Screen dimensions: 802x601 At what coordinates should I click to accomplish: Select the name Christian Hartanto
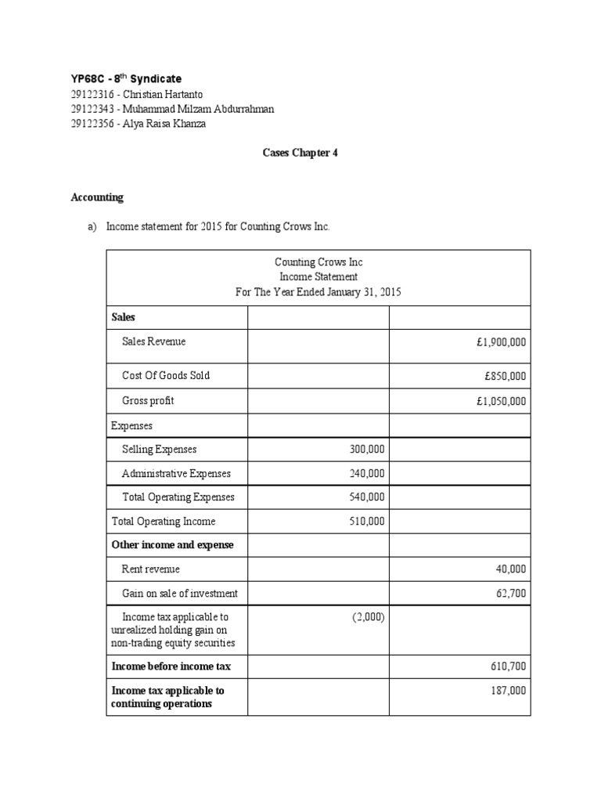click(160, 94)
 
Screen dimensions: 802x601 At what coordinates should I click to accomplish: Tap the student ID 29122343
click(92, 109)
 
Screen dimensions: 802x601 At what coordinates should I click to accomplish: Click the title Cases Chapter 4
click(300, 154)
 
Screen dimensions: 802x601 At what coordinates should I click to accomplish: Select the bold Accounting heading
click(97, 197)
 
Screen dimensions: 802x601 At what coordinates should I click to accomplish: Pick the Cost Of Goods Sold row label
click(166, 375)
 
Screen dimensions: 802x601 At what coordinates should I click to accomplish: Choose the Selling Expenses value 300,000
click(366, 450)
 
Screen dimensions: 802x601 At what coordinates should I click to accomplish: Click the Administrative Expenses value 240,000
click(366, 473)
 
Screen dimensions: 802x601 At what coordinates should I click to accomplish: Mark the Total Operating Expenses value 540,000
click(366, 497)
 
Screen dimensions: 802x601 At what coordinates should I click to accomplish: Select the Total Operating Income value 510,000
click(366, 522)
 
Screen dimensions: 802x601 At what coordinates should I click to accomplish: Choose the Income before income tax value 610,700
click(508, 667)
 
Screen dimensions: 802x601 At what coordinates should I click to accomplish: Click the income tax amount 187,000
click(508, 691)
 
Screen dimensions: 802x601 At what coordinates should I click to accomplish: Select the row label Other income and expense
click(173, 544)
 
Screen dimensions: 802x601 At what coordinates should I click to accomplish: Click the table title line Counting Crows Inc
click(318, 262)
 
